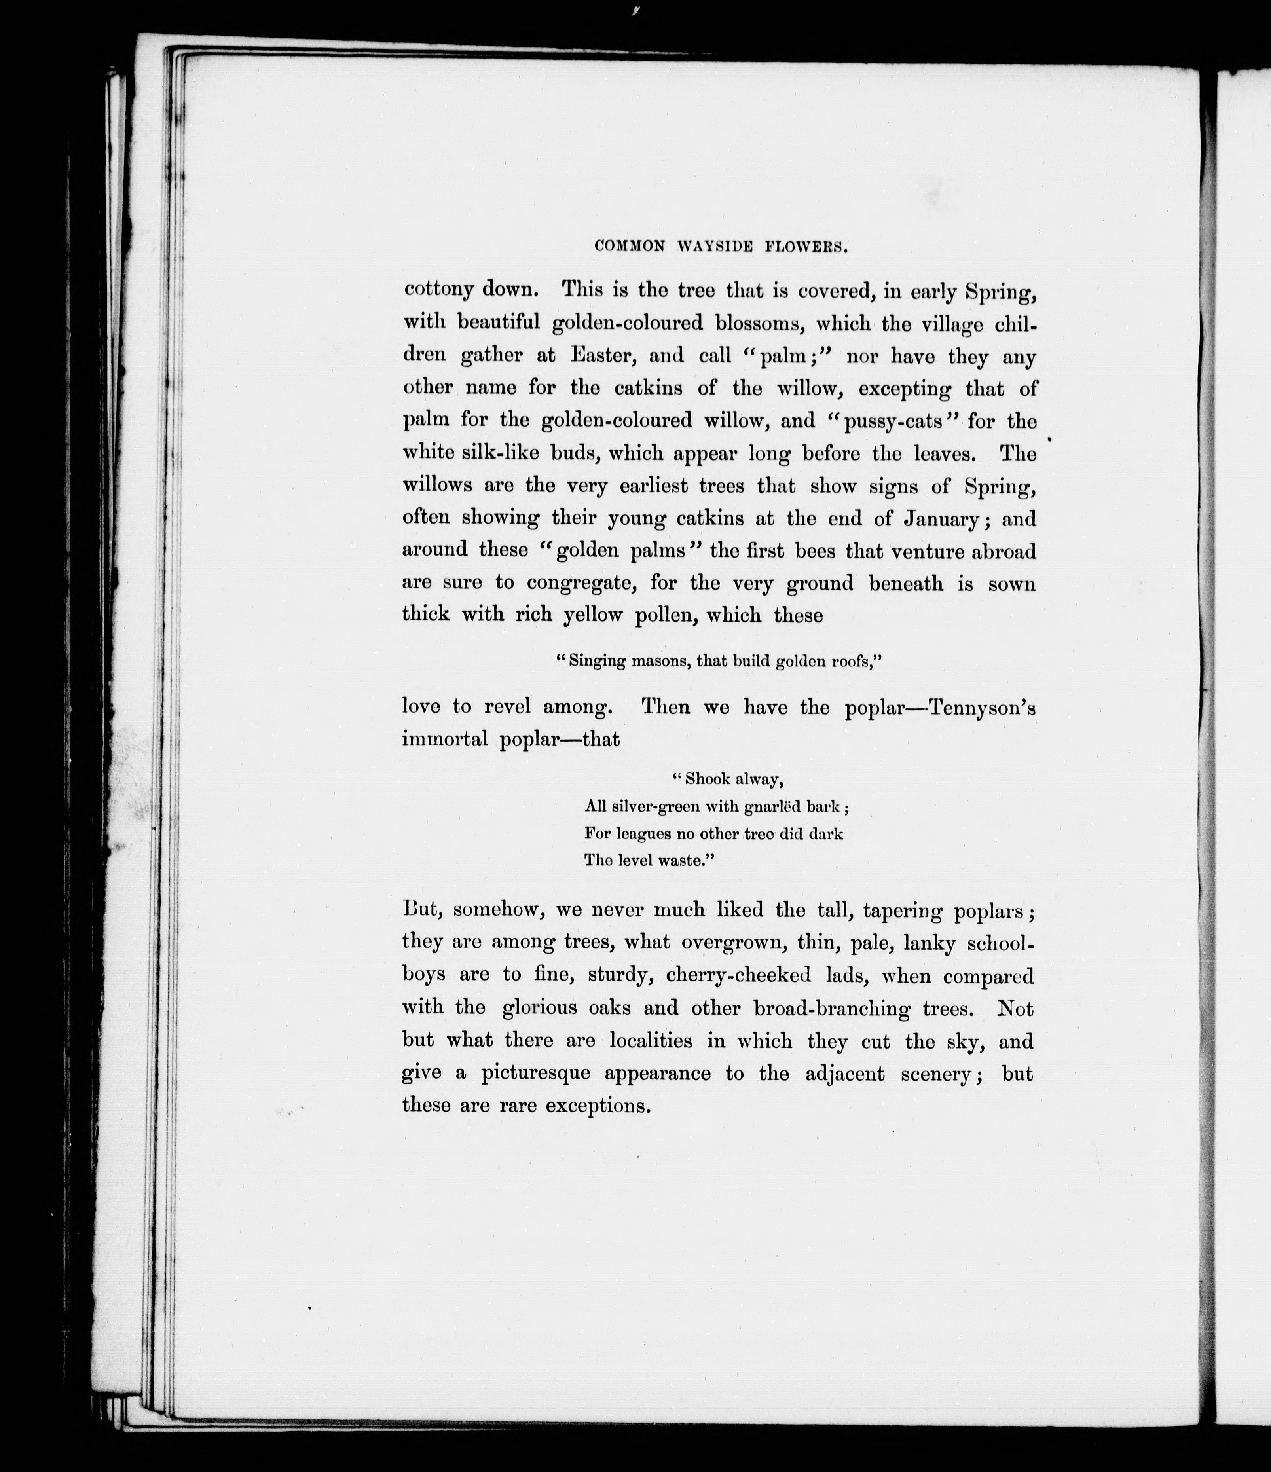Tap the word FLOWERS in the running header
(806, 247)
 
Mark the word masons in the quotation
(659, 661)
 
